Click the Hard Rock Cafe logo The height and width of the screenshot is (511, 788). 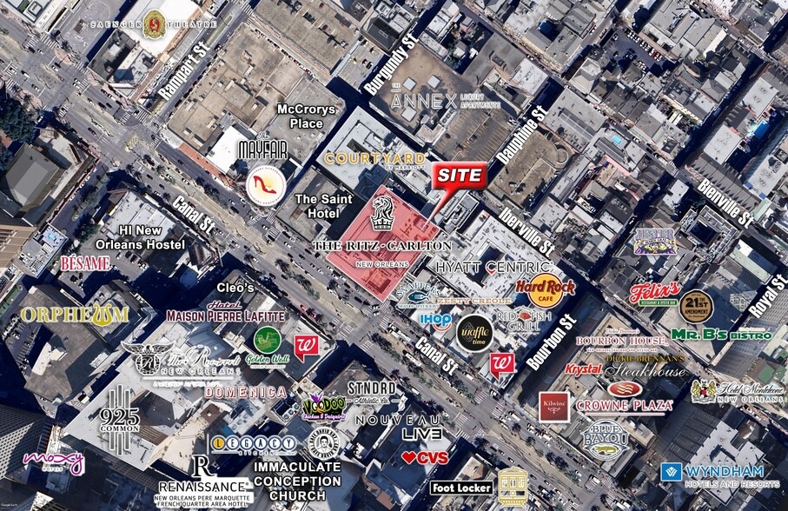(539, 291)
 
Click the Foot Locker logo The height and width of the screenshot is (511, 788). (460, 488)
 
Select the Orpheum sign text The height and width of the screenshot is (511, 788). (75, 315)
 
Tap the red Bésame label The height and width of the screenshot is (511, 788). (85, 262)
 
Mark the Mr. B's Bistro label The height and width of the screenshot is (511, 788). (721, 335)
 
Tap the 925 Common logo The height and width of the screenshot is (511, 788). (119, 408)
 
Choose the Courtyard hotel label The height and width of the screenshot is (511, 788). (375, 158)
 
